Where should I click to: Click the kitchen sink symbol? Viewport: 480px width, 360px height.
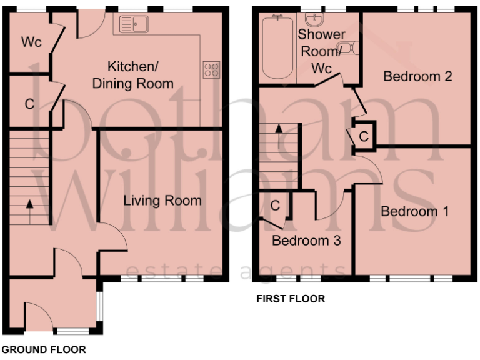pos(132,24)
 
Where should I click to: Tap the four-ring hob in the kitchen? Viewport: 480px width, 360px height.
pos(211,69)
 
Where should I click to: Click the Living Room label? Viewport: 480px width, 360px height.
pos(162,201)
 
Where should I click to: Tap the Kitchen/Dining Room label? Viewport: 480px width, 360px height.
pos(132,74)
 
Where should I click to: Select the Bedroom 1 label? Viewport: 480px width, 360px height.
pos(414,211)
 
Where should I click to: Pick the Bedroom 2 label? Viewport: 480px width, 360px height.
pos(417,77)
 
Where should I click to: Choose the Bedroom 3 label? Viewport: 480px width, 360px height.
pos(306,241)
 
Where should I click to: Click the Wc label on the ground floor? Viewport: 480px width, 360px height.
pos(31,42)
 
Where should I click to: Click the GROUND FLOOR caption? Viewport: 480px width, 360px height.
pos(44,349)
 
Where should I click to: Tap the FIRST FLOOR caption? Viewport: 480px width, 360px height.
pos(291,299)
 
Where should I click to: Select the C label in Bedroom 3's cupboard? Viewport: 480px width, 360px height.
pos(275,205)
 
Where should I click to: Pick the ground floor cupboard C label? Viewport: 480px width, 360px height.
pos(29,104)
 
